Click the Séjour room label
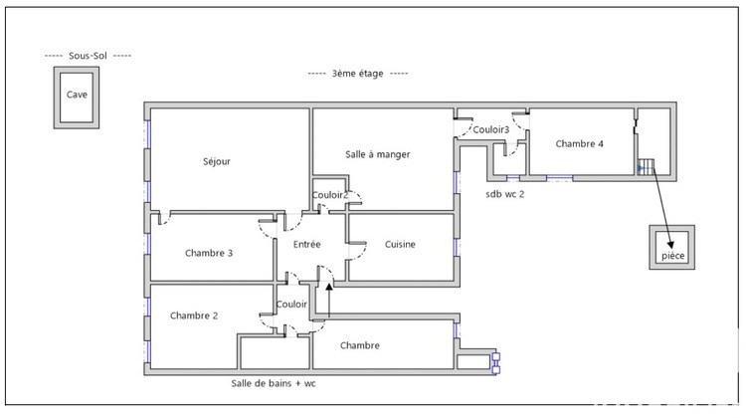pos(217,161)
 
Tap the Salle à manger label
pos(377,154)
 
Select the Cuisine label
pos(400,244)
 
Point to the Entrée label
pos(306,244)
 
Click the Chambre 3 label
pos(209,253)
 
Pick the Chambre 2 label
pos(194,315)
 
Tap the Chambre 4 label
pos(579,143)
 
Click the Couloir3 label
pos(490,129)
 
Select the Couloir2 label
pos(329,195)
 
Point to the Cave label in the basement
pos(77,95)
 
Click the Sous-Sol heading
pos(88,56)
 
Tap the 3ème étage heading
pos(357,74)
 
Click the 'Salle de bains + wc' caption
pos(274,383)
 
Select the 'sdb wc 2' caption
pos(504,194)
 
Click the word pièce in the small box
pos(672,256)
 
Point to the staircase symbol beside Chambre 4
pos(647,166)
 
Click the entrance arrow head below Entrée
pos(329,286)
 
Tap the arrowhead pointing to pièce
pos(669,244)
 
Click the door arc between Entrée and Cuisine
pos(359,253)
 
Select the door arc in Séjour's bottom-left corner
pos(164,220)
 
